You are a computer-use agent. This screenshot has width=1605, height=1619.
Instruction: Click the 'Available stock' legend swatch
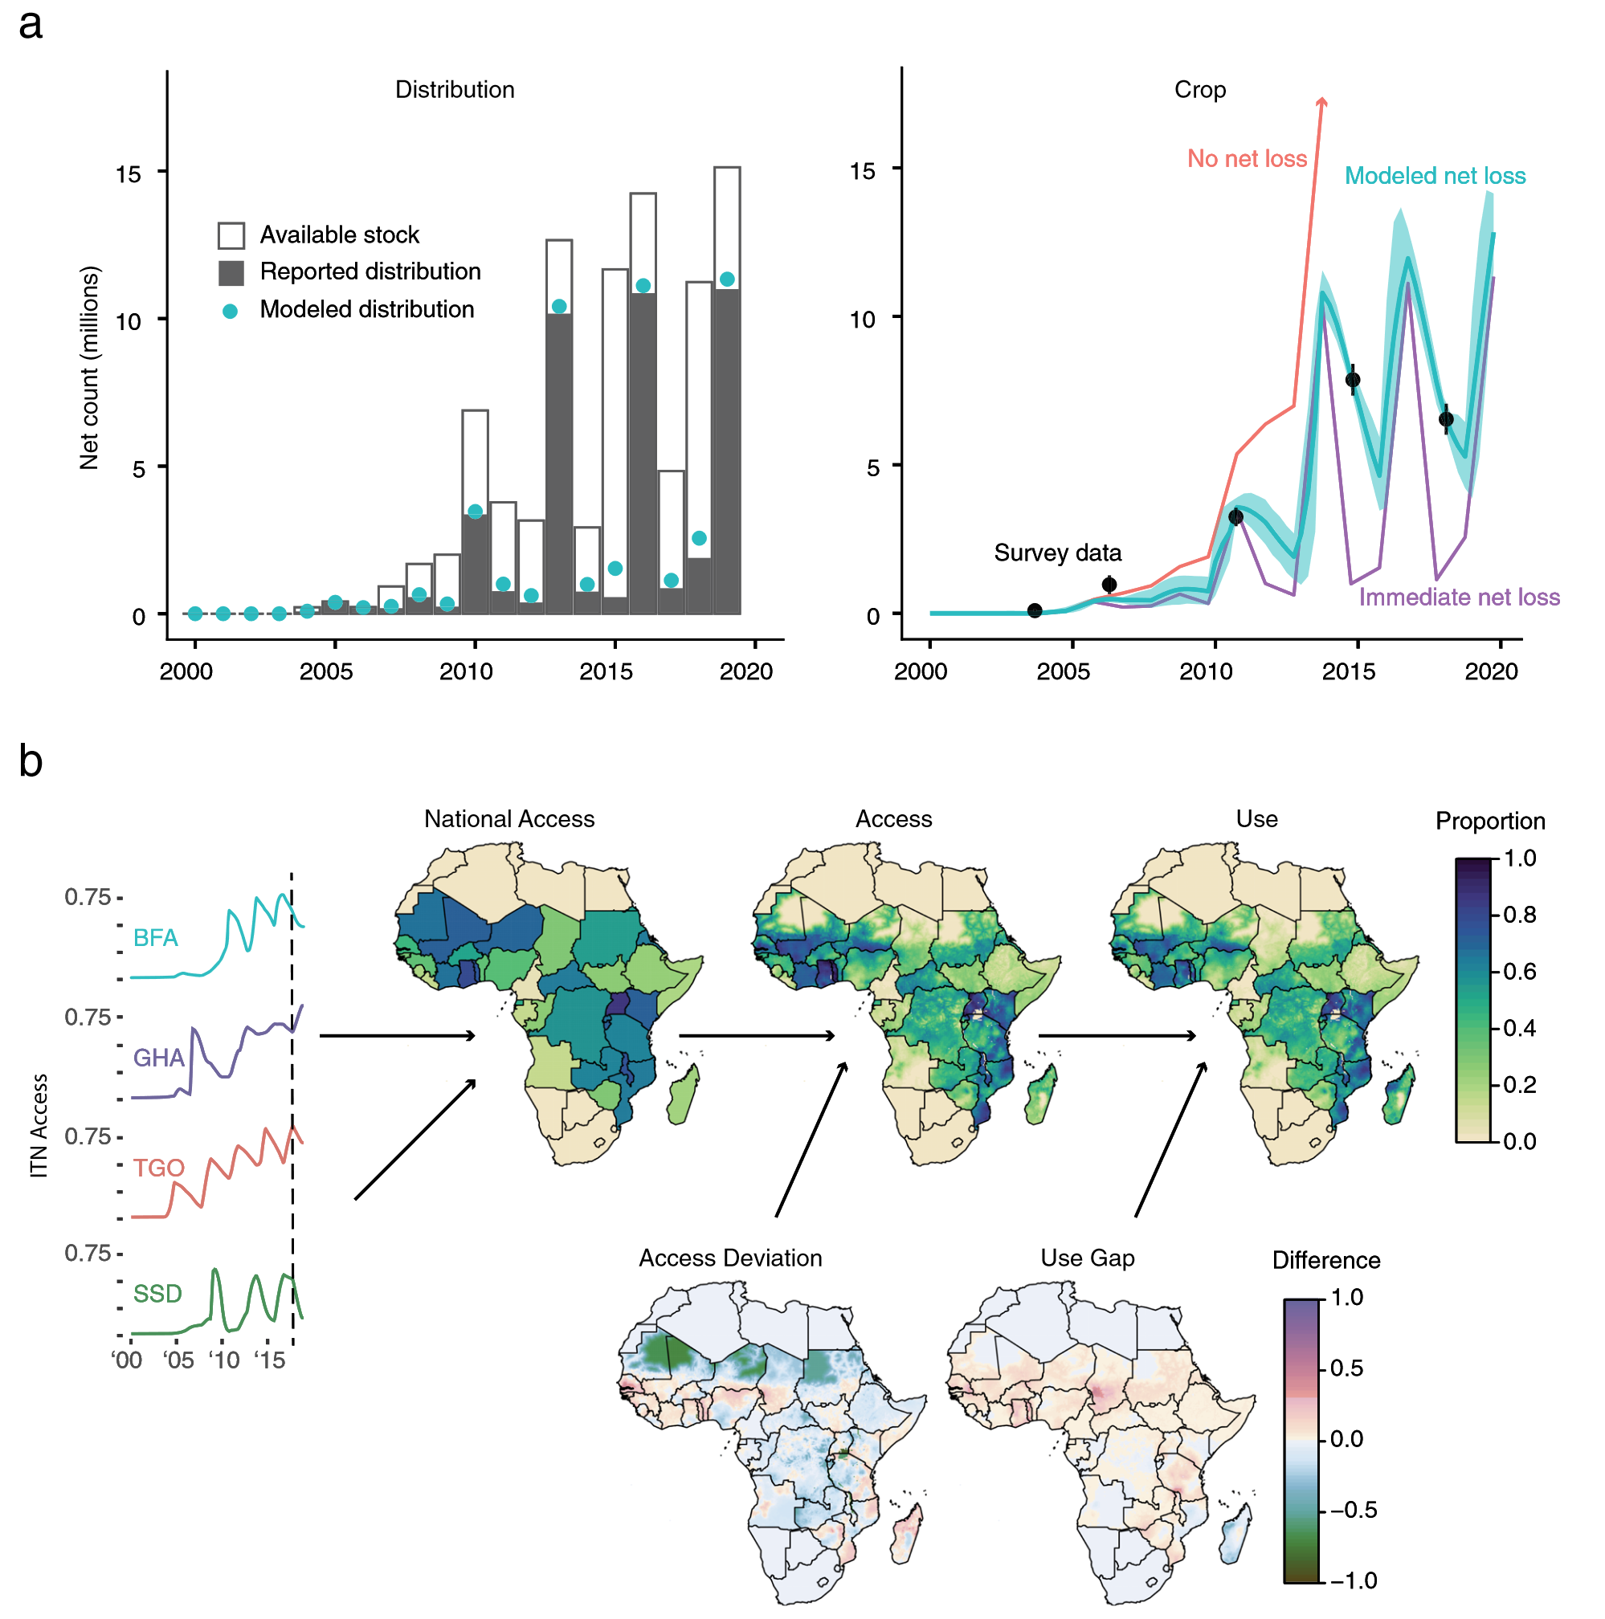(x=231, y=235)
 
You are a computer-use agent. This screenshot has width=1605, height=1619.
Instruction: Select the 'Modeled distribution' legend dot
(x=230, y=311)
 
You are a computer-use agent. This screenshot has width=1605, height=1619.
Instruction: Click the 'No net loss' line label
(x=1245, y=158)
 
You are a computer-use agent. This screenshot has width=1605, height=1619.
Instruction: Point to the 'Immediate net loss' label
(x=1457, y=597)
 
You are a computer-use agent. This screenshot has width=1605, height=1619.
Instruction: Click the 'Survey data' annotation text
(x=1056, y=553)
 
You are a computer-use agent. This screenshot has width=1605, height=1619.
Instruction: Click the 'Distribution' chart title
(x=454, y=90)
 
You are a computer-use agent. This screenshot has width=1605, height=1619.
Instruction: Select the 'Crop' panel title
(x=1199, y=90)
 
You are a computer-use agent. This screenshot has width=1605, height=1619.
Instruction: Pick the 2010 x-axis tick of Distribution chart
(x=466, y=671)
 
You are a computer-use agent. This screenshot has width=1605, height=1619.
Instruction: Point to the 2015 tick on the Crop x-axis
(x=1348, y=671)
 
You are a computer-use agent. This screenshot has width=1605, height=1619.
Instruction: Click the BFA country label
(x=155, y=937)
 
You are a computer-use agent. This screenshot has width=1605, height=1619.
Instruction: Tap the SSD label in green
(x=157, y=1293)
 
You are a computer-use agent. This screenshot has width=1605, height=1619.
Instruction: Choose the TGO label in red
(x=157, y=1168)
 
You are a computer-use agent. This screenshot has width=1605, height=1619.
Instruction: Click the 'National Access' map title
(x=508, y=818)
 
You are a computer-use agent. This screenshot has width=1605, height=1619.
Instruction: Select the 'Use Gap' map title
(x=1087, y=1258)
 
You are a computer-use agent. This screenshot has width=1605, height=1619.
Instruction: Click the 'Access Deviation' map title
(x=730, y=1258)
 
